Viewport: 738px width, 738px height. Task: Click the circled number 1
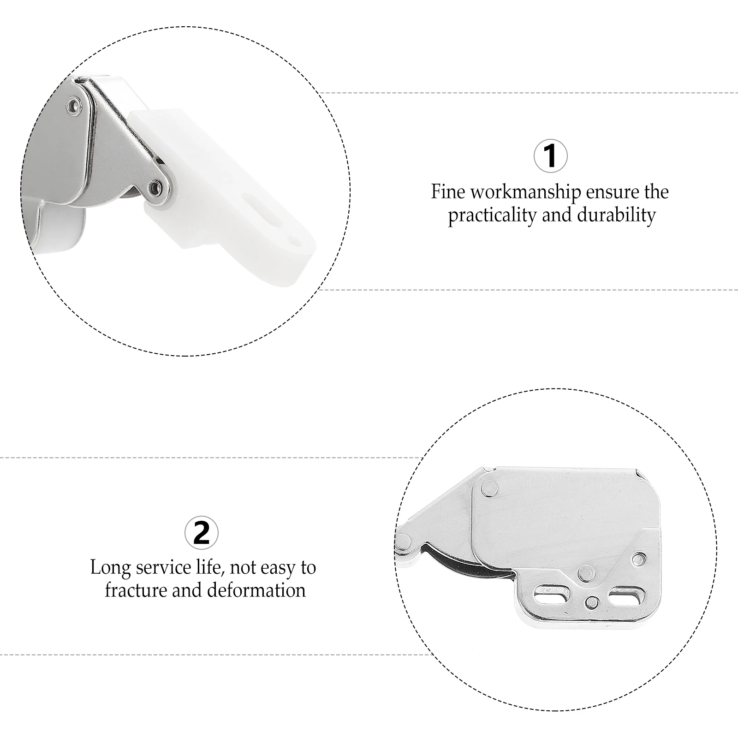pyautogui.click(x=550, y=156)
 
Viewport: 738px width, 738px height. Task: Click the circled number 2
pyautogui.click(x=201, y=533)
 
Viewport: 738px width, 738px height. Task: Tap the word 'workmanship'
pyautogui.click(x=525, y=192)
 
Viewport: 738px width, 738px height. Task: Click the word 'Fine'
pyautogui.click(x=448, y=191)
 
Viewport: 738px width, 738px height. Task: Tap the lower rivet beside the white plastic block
pyautogui.click(x=155, y=187)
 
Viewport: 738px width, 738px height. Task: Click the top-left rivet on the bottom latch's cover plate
pyautogui.click(x=489, y=488)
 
